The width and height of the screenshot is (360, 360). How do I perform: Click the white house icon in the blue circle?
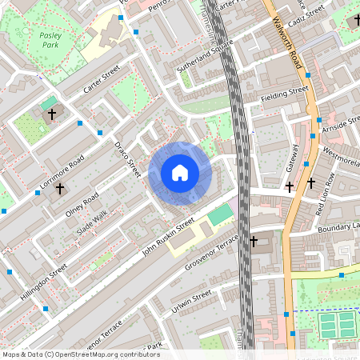pos(180,173)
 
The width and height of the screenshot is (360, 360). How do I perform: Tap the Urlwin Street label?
pos(191,303)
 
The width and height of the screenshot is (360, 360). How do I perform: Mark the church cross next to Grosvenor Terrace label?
pos(254,241)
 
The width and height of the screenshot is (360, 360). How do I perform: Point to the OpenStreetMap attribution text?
pos(81,354)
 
